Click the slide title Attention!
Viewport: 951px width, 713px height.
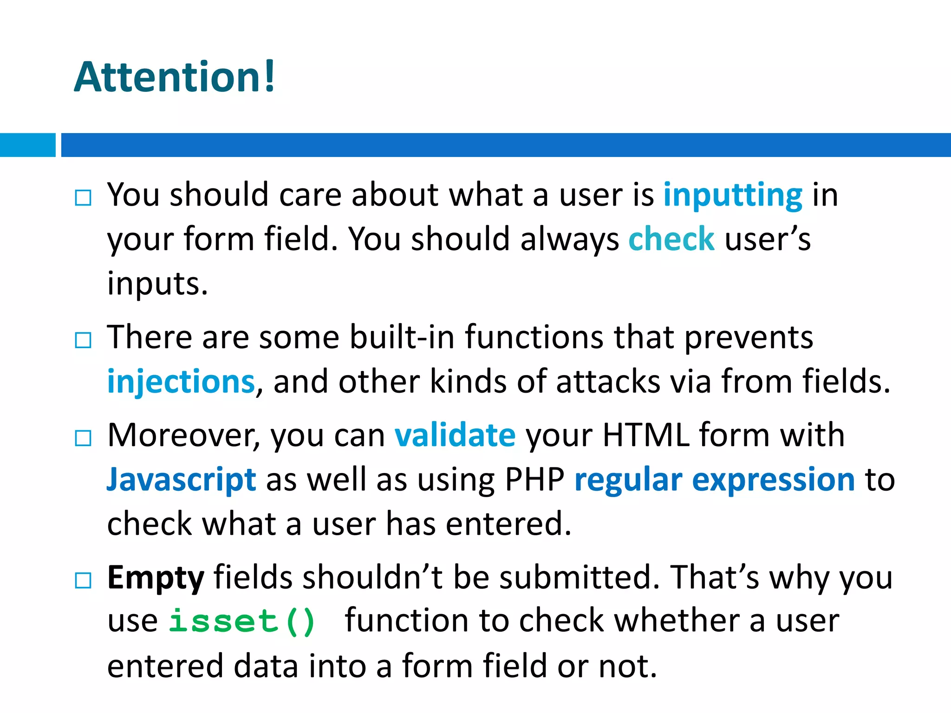[175, 77]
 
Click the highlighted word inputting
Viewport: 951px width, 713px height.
[732, 195]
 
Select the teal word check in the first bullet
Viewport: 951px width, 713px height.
[671, 239]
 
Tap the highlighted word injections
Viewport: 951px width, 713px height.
[181, 382]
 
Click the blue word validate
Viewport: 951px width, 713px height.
[455, 435]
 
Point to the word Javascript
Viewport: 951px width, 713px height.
[181, 480]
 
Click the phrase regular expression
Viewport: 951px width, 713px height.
[714, 480]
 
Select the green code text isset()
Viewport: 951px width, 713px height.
[241, 621]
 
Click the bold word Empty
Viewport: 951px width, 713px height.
[156, 578]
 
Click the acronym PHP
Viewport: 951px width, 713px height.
[534, 480]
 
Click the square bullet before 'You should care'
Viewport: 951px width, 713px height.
[83, 198]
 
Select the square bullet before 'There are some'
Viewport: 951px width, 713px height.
[83, 340]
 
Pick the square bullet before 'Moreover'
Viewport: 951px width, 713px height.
[83, 438]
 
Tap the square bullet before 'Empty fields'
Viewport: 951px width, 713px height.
[83, 580]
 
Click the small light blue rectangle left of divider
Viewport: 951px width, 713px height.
[27, 145]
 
